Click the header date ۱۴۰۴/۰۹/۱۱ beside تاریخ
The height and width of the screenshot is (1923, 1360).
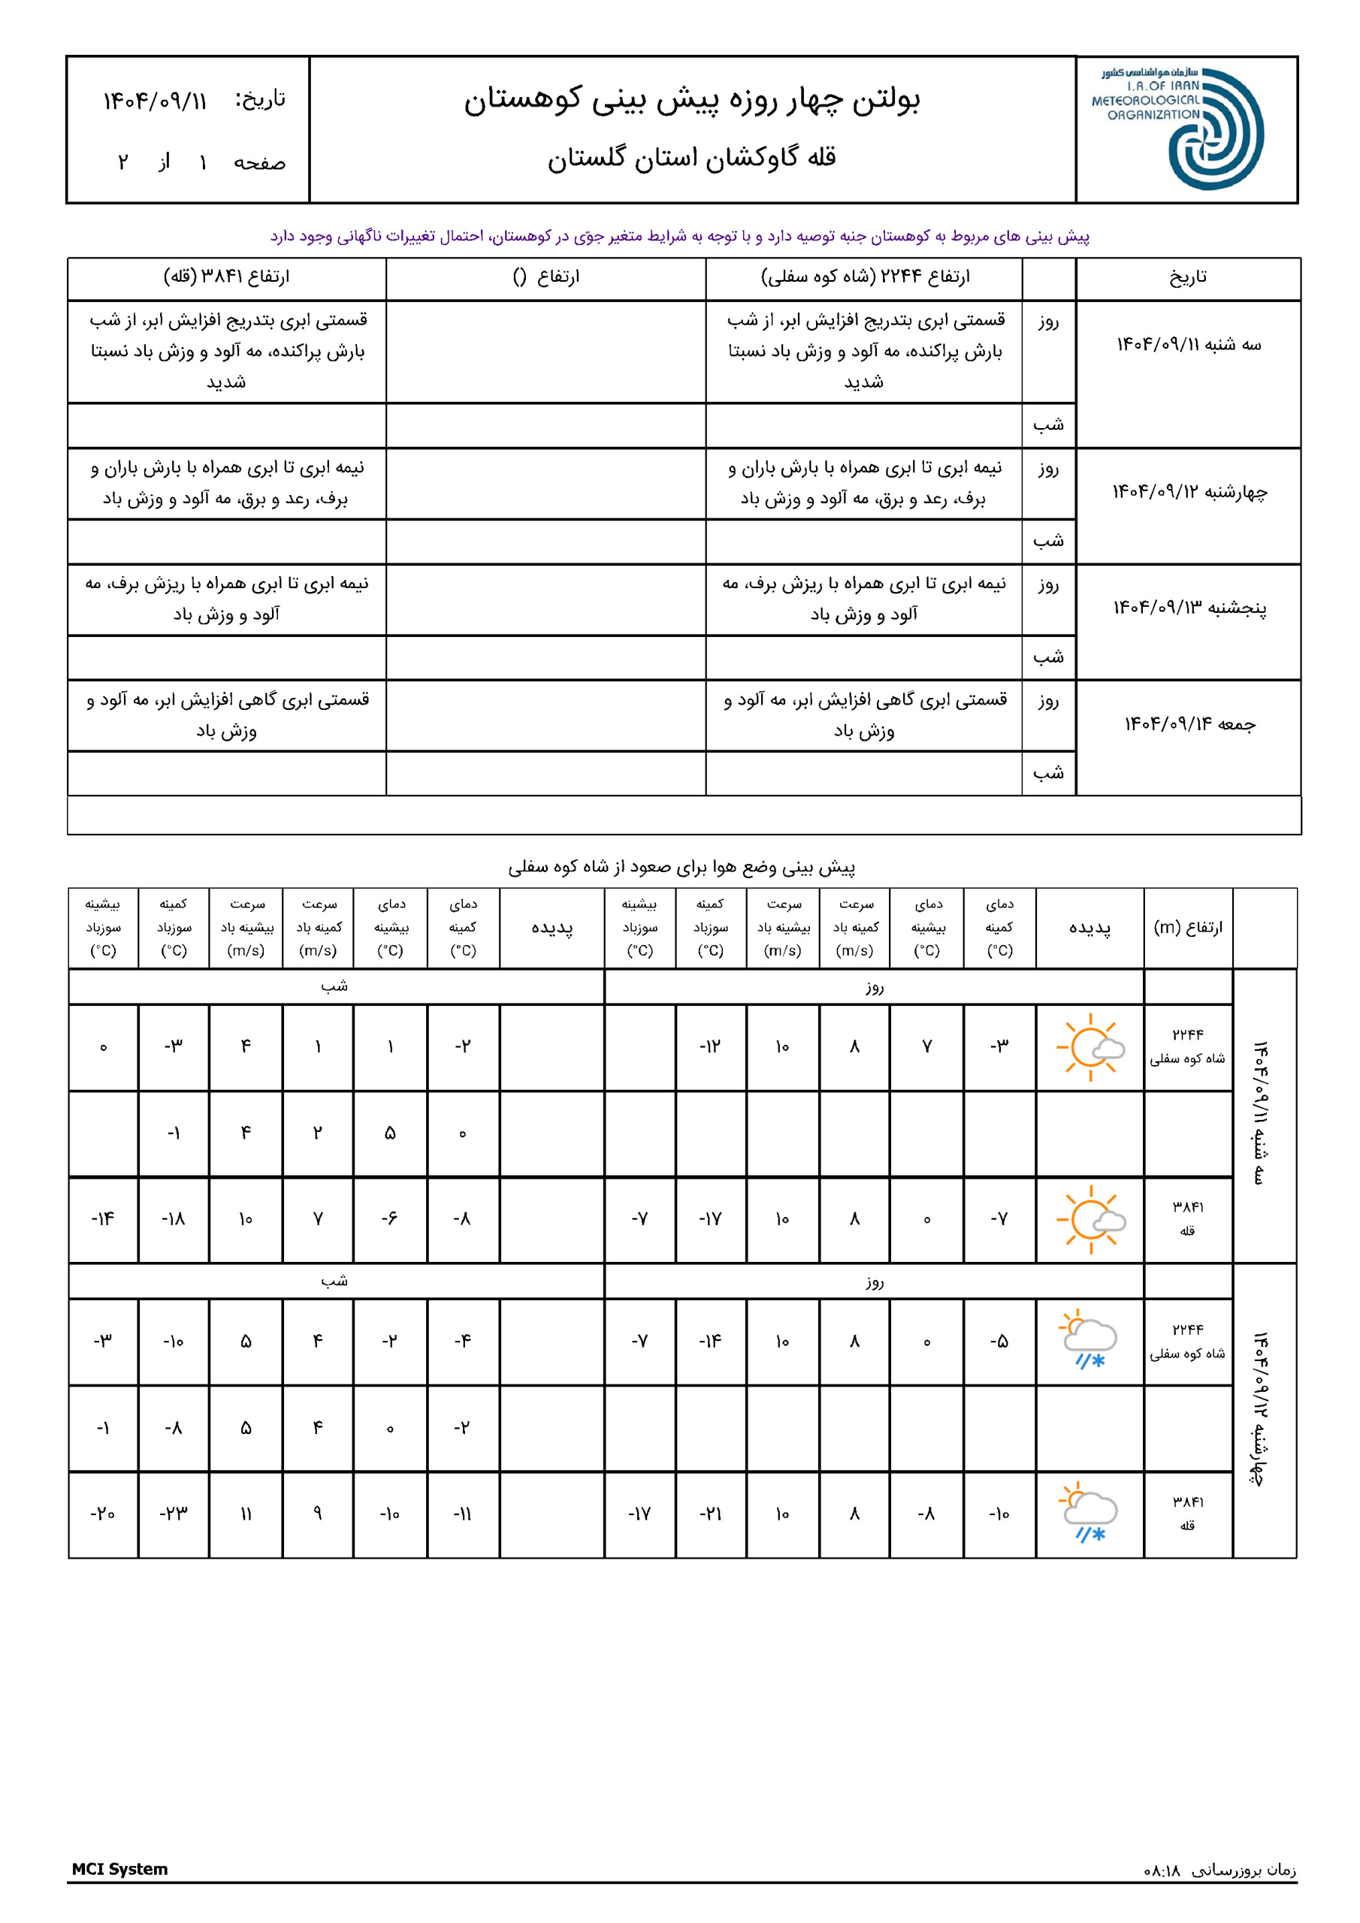coord(155,102)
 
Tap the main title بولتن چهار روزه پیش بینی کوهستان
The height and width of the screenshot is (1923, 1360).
coord(692,100)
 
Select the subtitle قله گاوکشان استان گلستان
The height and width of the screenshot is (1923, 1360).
coord(692,158)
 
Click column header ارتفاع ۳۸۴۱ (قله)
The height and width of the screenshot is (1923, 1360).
coord(226,277)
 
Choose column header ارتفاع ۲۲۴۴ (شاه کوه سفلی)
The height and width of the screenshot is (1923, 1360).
coord(865,277)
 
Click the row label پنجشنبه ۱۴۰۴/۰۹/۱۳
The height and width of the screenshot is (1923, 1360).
coord(1189,608)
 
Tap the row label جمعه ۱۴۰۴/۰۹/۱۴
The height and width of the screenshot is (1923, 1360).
coord(1189,723)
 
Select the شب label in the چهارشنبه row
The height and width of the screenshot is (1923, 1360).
coord(1048,541)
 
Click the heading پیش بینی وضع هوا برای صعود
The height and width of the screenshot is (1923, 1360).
coord(682,868)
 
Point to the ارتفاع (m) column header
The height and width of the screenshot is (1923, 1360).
coord(1187,927)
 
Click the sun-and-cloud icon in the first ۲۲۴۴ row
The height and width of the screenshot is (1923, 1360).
coord(1090,1047)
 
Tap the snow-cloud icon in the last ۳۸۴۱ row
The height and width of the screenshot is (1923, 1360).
coord(1090,1514)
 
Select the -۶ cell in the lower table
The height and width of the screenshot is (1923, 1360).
coord(390,1219)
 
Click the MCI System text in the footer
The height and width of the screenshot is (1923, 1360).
coord(119,1870)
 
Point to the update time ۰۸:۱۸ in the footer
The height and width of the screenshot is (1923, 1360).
coord(1162,1871)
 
